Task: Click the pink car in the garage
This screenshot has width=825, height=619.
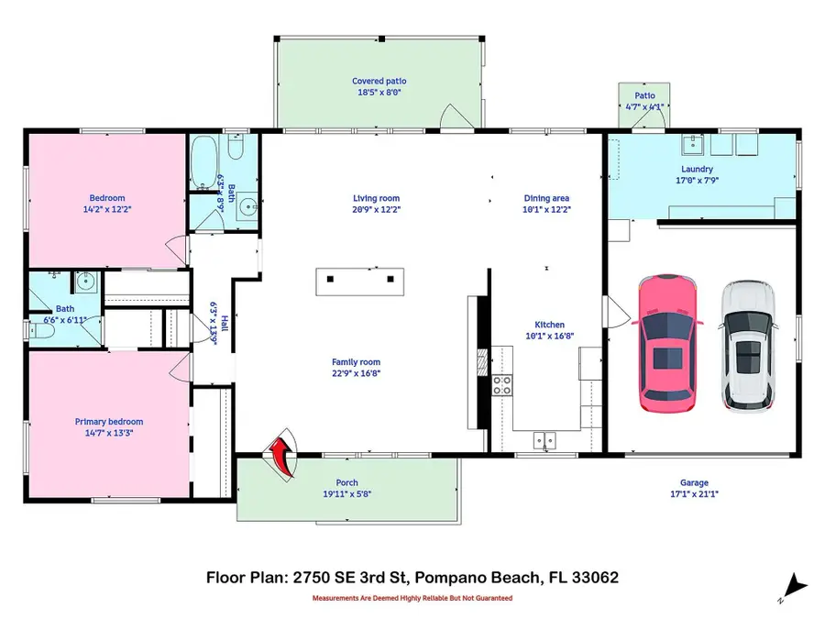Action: pyautogui.click(x=669, y=342)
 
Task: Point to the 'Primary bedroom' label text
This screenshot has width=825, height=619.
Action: pyautogui.click(x=108, y=422)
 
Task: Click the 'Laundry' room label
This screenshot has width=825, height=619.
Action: pyautogui.click(x=697, y=170)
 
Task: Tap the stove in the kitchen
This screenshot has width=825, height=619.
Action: pyautogui.click(x=502, y=385)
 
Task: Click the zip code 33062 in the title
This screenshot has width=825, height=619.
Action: pyautogui.click(x=592, y=578)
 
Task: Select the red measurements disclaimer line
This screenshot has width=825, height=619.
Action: pyautogui.click(x=412, y=598)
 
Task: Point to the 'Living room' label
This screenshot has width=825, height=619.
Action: pyautogui.click(x=377, y=198)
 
